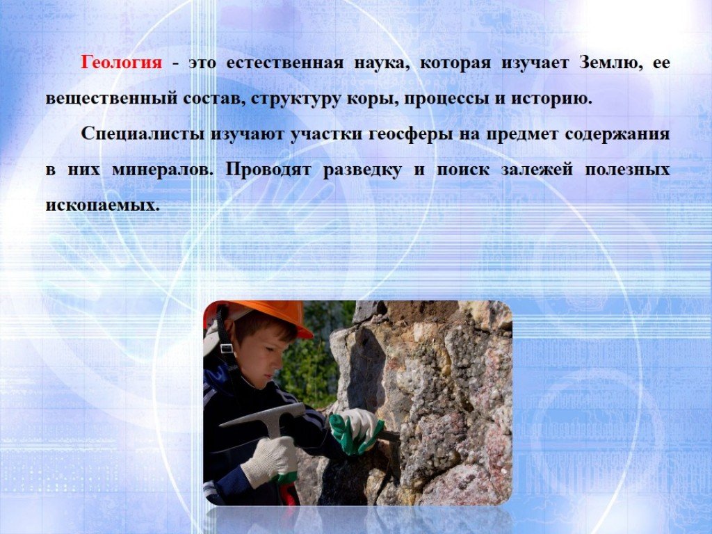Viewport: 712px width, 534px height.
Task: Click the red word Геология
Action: tap(121, 63)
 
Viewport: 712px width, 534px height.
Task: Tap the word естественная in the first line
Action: tap(284, 63)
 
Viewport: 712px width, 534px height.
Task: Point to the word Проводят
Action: tap(268, 170)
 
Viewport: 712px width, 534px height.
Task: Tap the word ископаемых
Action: tap(103, 206)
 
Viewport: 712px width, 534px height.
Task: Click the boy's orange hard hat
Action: tap(261, 316)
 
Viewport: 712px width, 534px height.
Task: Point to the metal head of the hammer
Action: tap(264, 416)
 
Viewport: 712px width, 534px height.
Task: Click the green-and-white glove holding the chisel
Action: tap(356, 431)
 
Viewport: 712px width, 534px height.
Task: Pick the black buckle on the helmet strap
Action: tap(226, 348)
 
